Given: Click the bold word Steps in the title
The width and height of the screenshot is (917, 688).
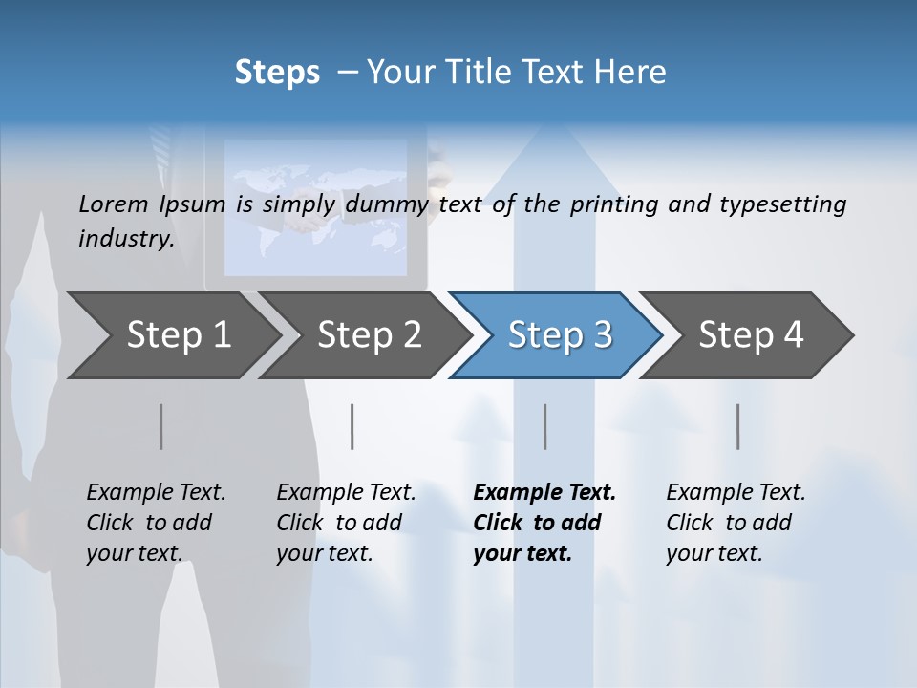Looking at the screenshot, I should [x=277, y=73].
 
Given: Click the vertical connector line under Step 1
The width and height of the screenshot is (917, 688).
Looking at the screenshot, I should [x=160, y=426].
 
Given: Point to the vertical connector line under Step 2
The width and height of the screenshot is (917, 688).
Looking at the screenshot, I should [x=352, y=426].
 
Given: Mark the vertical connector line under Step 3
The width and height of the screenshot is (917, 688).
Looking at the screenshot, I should [x=544, y=426].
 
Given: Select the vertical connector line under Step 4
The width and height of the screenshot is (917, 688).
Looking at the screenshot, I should [x=738, y=426].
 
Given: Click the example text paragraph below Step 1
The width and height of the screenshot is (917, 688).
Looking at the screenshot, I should [x=156, y=523].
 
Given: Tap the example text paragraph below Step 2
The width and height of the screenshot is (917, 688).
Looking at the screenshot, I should [x=346, y=523].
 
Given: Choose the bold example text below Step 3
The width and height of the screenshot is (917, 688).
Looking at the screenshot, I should [x=544, y=523].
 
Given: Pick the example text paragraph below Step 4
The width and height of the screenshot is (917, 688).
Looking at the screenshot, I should [x=736, y=523].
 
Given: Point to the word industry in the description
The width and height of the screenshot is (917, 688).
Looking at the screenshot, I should [x=125, y=239].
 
